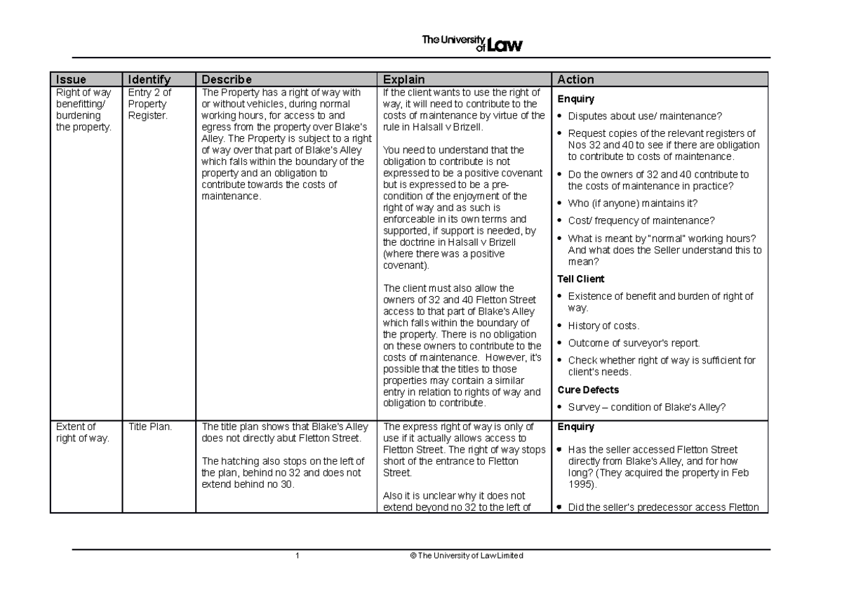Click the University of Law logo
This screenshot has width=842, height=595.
pos(472,44)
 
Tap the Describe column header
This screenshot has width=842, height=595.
pos(226,79)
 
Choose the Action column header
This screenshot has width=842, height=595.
pos(575,79)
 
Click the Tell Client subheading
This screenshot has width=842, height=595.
pos(580,279)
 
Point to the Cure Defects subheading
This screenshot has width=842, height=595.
pos(587,389)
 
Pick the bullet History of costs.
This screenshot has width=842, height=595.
pos(603,326)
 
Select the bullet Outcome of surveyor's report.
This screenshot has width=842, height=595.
pos(634,343)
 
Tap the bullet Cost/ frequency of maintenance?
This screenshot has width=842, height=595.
pos(641,220)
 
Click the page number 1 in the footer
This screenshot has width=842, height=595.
pos(298,556)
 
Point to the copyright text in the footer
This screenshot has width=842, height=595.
pos(461,556)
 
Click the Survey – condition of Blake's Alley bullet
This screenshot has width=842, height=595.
pos(646,407)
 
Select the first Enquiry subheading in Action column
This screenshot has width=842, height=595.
pos(575,99)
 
